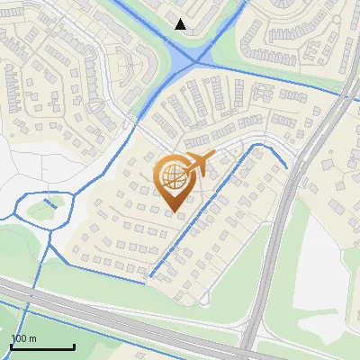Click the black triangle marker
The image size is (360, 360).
coord(181,24)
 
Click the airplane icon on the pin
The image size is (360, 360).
coord(199,163)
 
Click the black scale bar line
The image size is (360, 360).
coord(42,347)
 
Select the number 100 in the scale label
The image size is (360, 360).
coord(17,338)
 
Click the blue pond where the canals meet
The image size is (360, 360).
coord(196,59)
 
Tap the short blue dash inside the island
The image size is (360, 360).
coord(50,204)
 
